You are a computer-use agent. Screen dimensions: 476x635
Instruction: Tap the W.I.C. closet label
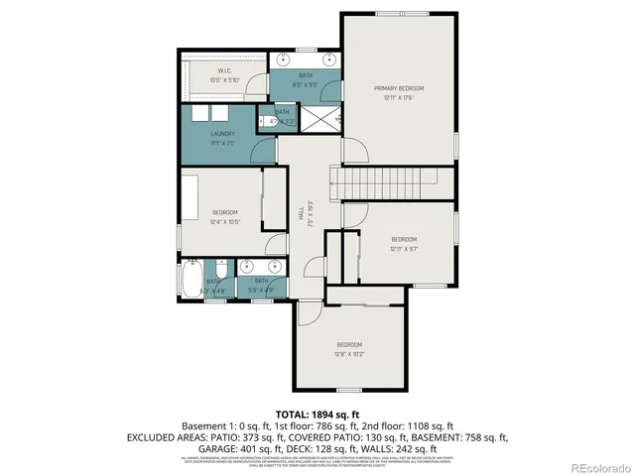click(224, 71)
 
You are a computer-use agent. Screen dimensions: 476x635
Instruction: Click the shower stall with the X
click(317, 119)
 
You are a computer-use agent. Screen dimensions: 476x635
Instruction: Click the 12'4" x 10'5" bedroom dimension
click(224, 221)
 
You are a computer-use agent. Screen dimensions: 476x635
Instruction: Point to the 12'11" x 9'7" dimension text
click(403, 248)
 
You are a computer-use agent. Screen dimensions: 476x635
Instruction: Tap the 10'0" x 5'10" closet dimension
click(224, 79)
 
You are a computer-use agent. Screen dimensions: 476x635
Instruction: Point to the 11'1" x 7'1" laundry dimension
click(221, 143)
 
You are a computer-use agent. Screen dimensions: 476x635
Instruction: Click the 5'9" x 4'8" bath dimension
click(262, 290)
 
